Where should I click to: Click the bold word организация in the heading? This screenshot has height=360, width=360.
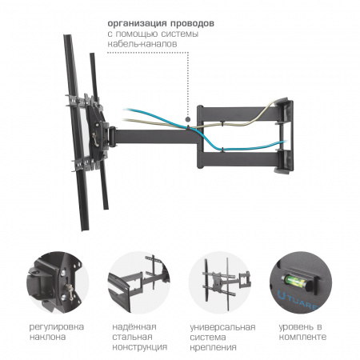(137, 24)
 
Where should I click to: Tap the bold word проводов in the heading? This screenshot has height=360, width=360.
(192, 24)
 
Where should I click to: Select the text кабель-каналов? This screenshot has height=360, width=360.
(142, 44)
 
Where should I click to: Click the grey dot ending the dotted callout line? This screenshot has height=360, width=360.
(188, 119)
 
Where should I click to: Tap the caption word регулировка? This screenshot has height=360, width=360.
(56, 327)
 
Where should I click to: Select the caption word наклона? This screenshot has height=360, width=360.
(47, 337)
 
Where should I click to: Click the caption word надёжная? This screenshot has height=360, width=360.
(134, 326)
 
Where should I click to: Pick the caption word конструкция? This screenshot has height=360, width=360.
(139, 347)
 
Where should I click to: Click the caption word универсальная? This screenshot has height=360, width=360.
(222, 327)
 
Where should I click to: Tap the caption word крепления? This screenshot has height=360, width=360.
(213, 347)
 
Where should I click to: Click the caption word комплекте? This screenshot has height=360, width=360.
(302, 337)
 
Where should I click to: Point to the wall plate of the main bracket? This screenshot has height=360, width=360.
(285, 136)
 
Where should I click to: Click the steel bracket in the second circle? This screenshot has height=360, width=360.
(138, 282)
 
